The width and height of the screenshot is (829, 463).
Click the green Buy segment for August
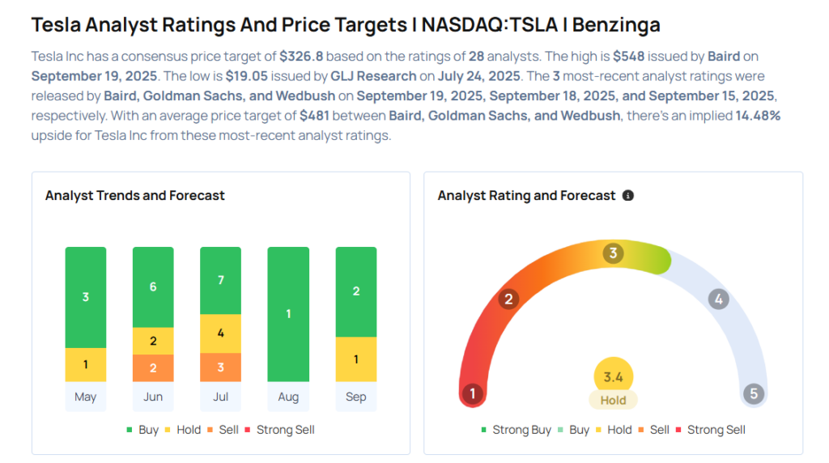tap(288, 314)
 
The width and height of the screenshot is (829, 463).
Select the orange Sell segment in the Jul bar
tap(220, 367)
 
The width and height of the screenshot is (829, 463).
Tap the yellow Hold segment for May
tap(86, 364)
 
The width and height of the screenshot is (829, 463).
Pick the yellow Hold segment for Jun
tap(153, 341)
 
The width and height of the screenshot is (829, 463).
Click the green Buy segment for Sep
tap(355, 291)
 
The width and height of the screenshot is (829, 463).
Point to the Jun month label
tap(153, 397)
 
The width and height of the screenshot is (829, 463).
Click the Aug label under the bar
tap(288, 397)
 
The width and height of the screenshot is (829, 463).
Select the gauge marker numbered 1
tap(472, 394)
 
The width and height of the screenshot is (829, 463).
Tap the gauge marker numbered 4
tap(717, 299)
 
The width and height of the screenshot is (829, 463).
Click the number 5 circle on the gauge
tap(754, 394)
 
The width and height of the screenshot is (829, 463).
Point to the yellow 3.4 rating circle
tap(613, 376)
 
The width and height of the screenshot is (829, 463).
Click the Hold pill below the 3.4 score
tap(613, 400)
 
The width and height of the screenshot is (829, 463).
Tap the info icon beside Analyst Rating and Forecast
tap(628, 196)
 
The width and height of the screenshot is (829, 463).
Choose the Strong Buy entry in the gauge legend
tap(517, 430)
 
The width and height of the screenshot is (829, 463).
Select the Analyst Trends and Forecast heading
tap(135, 195)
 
